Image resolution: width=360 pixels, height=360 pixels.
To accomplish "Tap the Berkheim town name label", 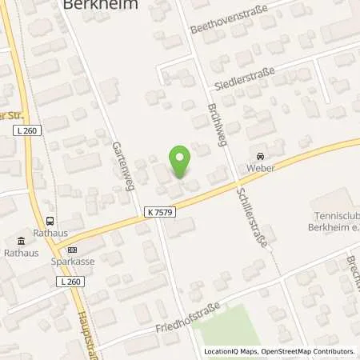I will [100, 5].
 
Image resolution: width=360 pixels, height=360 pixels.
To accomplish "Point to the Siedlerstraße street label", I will [244, 78].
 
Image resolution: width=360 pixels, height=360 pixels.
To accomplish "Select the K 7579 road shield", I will [159, 212].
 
